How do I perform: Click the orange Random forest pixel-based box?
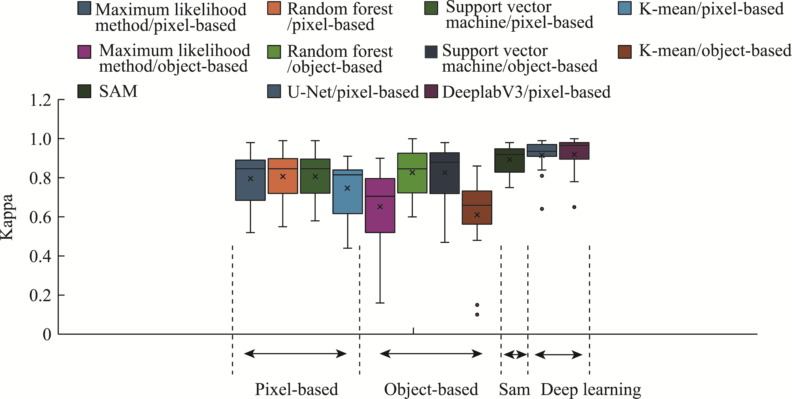[x=283, y=176]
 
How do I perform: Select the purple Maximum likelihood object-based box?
[x=380, y=205]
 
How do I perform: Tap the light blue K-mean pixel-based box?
[x=347, y=191]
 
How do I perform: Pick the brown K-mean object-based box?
[x=477, y=208]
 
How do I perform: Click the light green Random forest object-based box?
[x=412, y=173]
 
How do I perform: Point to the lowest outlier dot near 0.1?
[x=477, y=315]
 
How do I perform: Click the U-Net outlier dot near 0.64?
[x=542, y=209]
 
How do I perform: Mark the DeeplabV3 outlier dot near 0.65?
[x=574, y=207]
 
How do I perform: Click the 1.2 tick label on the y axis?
[x=40, y=100]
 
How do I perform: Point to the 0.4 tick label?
[x=40, y=256]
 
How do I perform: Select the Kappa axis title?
[x=7, y=217]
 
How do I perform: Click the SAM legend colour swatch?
[x=84, y=91]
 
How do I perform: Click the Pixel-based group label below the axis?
[x=296, y=389]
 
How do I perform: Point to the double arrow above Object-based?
[x=431, y=354]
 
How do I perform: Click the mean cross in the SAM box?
[x=509, y=160]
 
